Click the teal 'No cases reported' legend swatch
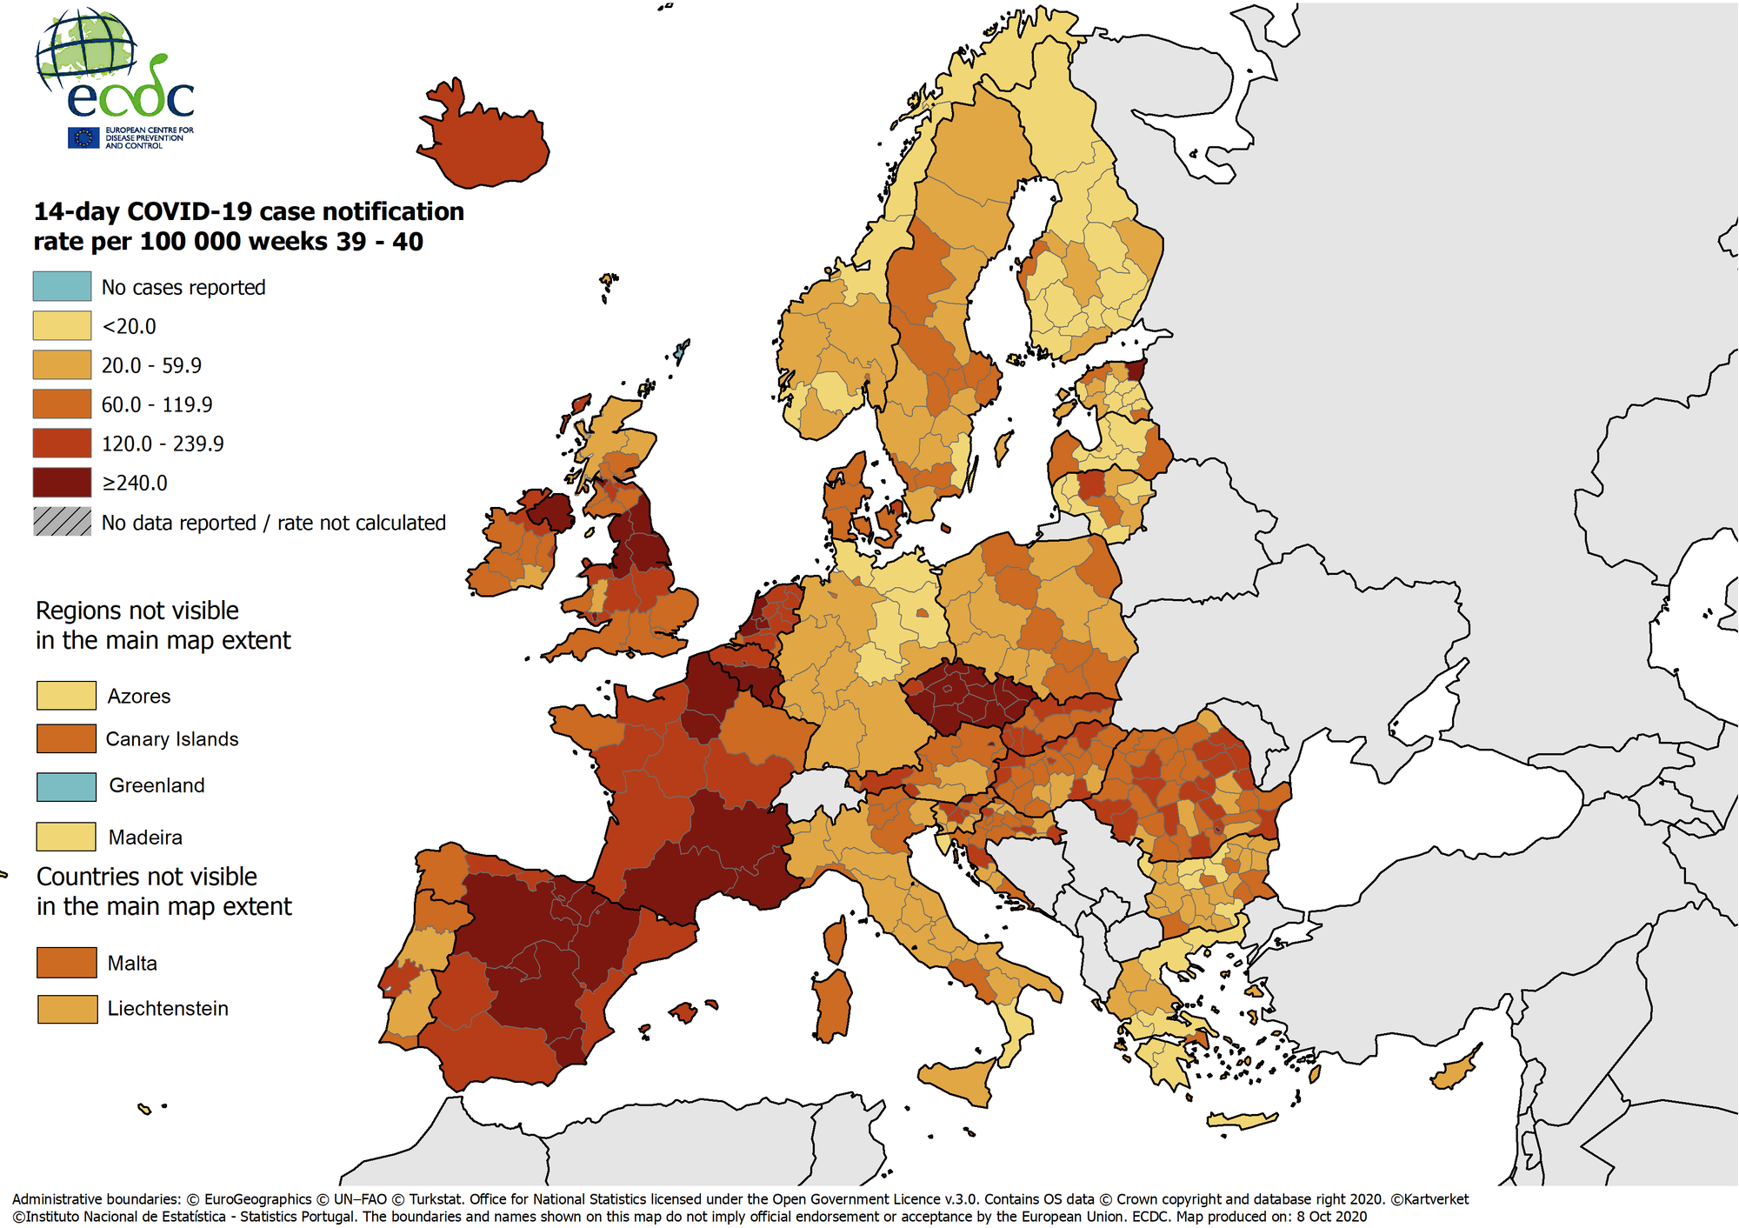coord(62,286)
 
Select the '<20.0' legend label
coord(129,326)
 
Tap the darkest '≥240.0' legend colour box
coord(62,482)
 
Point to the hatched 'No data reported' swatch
coord(62,522)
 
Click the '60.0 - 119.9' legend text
coord(157,404)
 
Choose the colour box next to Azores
coord(66,696)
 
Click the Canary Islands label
coord(171,739)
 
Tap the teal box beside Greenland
coord(66,786)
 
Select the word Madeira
coord(145,838)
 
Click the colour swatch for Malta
coord(66,963)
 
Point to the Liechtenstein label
coord(168,1009)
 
